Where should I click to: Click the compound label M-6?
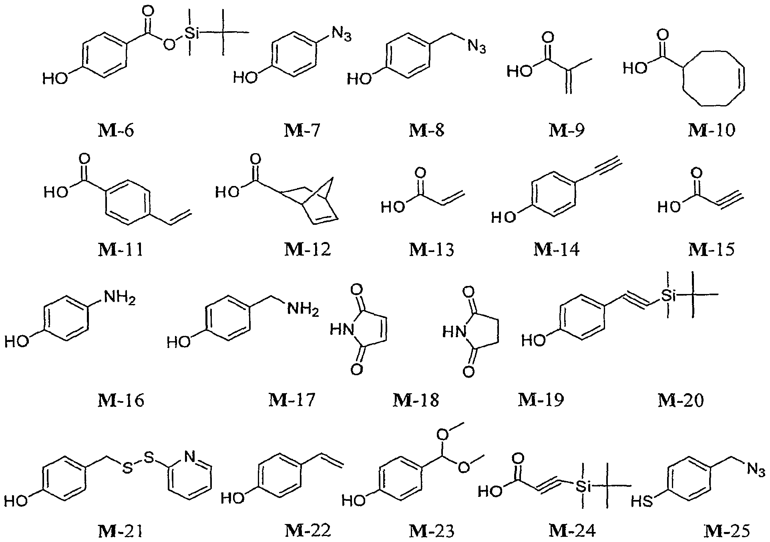(116, 130)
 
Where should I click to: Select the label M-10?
(712, 130)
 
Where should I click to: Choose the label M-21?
(121, 531)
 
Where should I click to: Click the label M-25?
(726, 531)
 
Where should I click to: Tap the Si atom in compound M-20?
(668, 295)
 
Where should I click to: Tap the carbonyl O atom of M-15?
(696, 174)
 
